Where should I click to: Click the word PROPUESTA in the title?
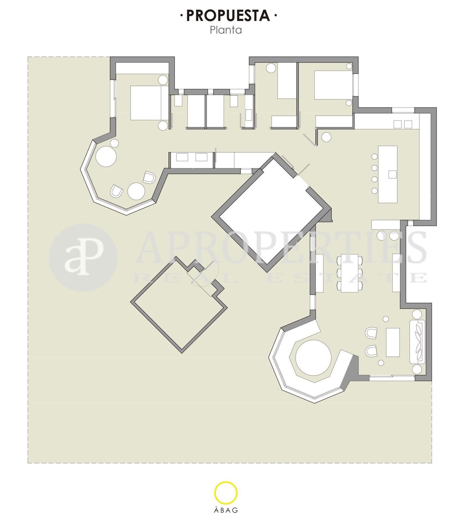coord(228,15)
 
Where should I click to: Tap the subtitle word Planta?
coord(226,30)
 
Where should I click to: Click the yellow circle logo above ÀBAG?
coord(226,493)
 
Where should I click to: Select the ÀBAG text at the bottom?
coord(226,510)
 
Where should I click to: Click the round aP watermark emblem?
coord(83,258)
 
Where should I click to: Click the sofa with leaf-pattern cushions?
coord(418,342)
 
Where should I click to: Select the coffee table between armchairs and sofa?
coord(393,342)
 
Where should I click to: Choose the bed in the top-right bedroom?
coord(333,85)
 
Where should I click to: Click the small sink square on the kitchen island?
coord(393,174)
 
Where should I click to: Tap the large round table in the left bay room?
coord(106,156)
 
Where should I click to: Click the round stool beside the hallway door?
coord(326,137)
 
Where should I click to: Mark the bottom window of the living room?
coord(392,378)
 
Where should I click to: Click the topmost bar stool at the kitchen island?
coord(374,156)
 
